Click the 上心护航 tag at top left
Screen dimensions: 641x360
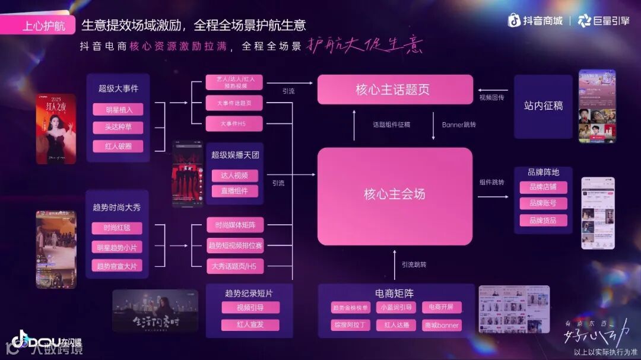pyautogui.click(x=44, y=26)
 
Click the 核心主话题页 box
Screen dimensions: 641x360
pyautogui.click(x=395, y=90)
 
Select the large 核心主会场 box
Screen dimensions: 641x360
pyautogui.click(x=395, y=195)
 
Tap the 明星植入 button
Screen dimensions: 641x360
pyautogui.click(x=118, y=110)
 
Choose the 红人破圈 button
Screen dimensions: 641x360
pyautogui.click(x=118, y=146)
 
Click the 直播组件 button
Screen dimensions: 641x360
pyautogui.click(x=234, y=191)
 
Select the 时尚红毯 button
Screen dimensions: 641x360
pyautogui.click(x=117, y=228)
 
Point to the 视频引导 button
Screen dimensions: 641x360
pyautogui.click(x=250, y=307)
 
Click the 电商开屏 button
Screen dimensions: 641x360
pyautogui.click(x=442, y=307)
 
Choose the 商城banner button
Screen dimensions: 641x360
pyautogui.click(x=442, y=325)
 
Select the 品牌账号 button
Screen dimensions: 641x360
pyautogui.click(x=543, y=203)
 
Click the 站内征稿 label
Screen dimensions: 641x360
pyautogui.click(x=543, y=106)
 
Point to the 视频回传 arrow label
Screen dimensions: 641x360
pyautogui.click(x=491, y=97)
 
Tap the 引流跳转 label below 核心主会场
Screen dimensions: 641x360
pyautogui.click(x=414, y=265)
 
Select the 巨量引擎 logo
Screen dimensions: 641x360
pyautogui.click(x=604, y=21)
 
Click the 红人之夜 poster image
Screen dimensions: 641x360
pyautogui.click(x=56, y=128)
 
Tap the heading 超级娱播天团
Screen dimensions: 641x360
pyautogui.click(x=235, y=155)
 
